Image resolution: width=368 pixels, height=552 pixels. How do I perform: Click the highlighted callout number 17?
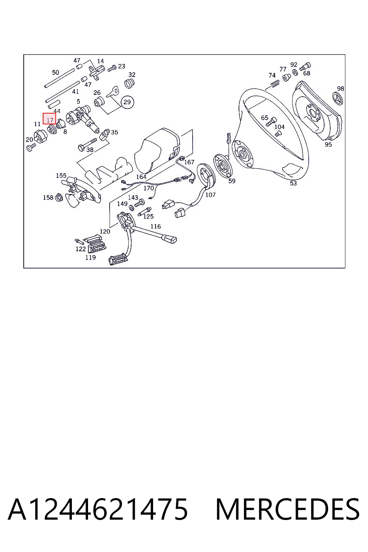(50, 120)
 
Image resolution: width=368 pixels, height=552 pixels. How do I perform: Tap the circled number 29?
(127, 102)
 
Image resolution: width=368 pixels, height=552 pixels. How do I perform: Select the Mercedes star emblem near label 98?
(338, 98)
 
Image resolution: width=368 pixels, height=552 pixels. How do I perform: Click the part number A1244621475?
(98, 509)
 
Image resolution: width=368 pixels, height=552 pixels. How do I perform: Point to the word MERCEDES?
(287, 509)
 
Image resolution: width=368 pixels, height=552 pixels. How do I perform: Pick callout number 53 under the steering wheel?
(293, 183)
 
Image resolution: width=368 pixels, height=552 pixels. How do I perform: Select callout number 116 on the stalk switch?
(156, 226)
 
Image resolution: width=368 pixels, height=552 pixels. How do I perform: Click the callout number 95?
(328, 144)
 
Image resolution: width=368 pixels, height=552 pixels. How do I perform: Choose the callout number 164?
(141, 177)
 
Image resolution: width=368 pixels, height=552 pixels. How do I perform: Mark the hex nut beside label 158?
(59, 197)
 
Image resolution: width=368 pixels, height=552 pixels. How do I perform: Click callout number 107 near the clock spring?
(210, 195)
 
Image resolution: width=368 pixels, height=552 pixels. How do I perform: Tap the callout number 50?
(55, 72)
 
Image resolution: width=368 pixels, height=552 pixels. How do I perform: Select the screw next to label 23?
(112, 68)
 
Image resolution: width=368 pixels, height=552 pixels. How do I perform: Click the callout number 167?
(189, 162)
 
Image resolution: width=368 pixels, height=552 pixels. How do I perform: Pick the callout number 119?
(91, 257)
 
